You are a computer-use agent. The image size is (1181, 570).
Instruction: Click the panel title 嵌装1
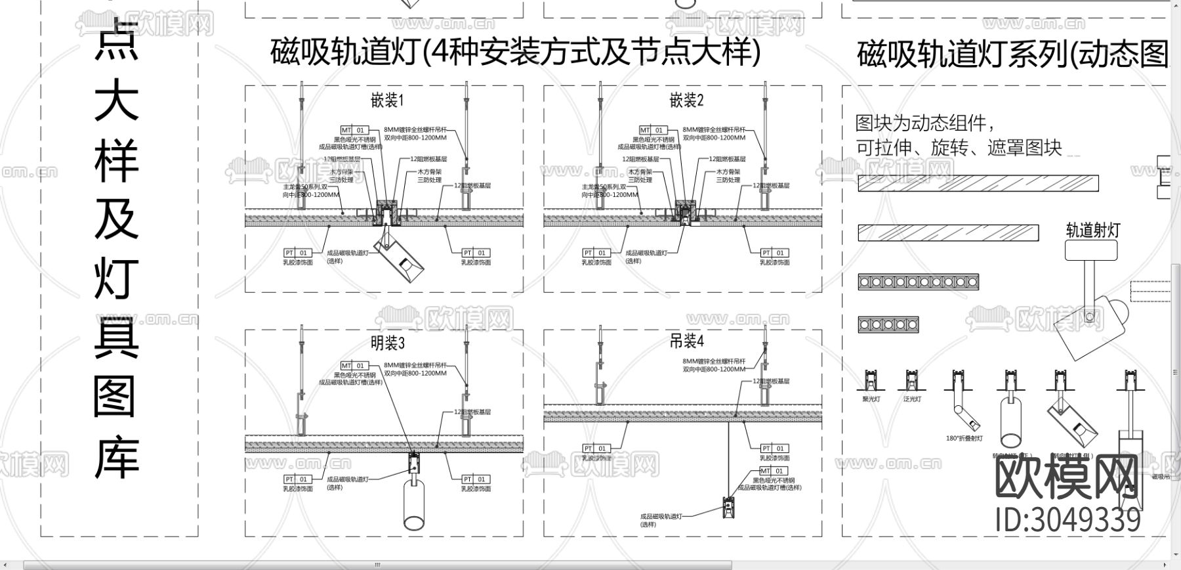click(387, 100)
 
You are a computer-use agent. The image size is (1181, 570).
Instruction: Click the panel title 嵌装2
click(686, 100)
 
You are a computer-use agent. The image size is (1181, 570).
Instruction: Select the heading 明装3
click(388, 343)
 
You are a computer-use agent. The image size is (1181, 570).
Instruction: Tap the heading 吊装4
click(686, 341)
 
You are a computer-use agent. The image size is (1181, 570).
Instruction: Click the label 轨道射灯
click(1092, 230)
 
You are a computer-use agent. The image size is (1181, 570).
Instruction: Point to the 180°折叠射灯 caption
click(964, 438)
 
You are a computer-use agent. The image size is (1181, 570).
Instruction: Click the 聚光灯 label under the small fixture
click(871, 399)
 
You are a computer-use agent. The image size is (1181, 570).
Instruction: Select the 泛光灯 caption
click(911, 399)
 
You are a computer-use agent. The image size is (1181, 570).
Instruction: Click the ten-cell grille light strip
click(918, 282)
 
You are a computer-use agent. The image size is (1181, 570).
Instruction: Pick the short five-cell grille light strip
click(888, 324)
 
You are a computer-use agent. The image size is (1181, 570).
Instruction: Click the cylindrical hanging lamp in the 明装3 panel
click(415, 506)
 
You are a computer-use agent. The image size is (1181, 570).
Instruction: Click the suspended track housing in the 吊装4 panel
click(727, 507)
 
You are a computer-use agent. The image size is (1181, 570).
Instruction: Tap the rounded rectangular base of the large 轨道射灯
click(1090, 250)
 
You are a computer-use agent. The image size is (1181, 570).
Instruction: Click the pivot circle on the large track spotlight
click(1090, 317)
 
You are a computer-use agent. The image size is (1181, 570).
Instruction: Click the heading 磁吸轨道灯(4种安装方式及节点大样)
click(516, 52)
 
